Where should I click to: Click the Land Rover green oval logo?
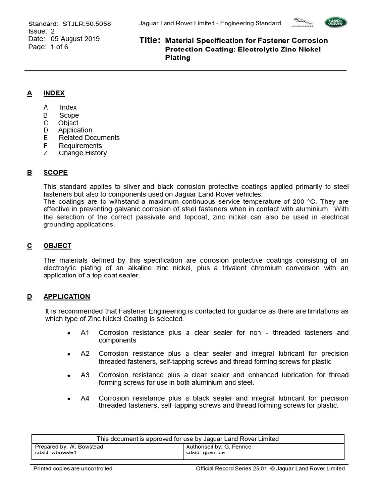click(x=335, y=22)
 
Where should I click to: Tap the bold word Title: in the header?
click(x=150, y=40)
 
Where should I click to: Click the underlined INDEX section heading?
click(x=54, y=93)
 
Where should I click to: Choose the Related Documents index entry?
click(x=89, y=138)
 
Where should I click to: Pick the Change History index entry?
click(x=82, y=153)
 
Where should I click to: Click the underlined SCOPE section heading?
click(x=55, y=173)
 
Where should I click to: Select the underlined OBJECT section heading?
click(x=57, y=246)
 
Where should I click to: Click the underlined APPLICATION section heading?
click(x=67, y=297)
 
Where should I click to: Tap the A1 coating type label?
click(x=85, y=333)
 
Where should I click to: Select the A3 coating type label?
click(x=85, y=375)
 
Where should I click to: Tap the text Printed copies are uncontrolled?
click(x=72, y=469)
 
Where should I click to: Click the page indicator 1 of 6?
click(x=56, y=47)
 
